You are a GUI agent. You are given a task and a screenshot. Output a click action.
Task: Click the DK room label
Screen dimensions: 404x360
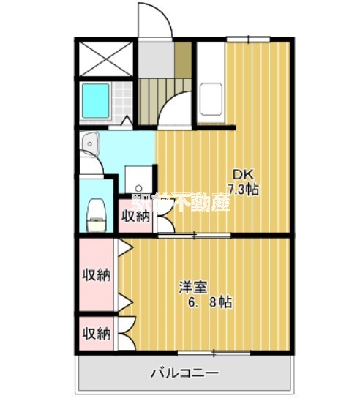(x=241, y=174)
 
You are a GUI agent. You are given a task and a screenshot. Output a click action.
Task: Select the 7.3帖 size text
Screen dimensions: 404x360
(x=243, y=189)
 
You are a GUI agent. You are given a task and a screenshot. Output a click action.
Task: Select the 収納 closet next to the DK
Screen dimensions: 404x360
(x=135, y=216)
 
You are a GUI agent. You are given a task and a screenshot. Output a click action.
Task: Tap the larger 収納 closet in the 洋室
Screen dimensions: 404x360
(x=95, y=275)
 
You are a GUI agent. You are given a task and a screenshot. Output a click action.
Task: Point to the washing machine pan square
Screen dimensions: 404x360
(x=136, y=178)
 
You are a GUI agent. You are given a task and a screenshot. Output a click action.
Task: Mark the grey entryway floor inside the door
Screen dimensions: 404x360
(x=155, y=57)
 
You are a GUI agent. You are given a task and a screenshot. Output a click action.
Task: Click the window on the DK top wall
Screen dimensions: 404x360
(x=248, y=38)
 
